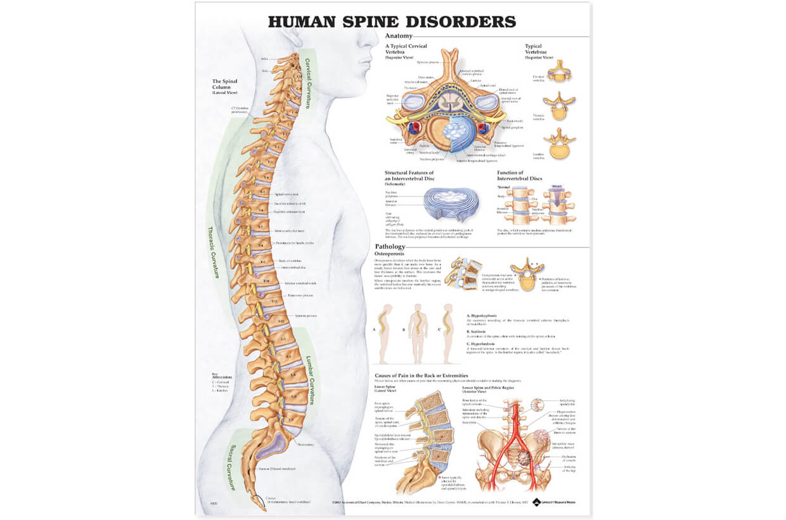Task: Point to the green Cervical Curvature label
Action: pyautogui.click(x=308, y=83)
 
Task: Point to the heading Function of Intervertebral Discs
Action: pyautogui.click(x=520, y=176)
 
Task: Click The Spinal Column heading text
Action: pyautogui.click(x=225, y=82)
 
